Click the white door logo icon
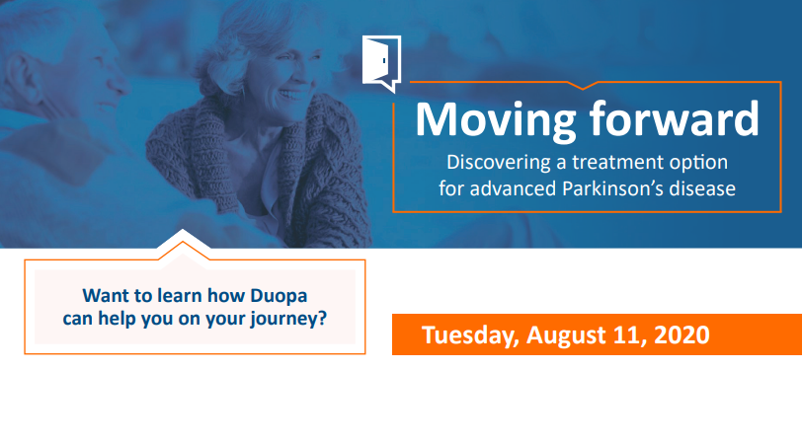pyautogui.click(x=381, y=63)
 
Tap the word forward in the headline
pyautogui.click(x=675, y=118)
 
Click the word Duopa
pyautogui.click(x=279, y=296)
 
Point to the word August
pyautogui.click(x=566, y=335)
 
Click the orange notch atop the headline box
pyautogui.click(x=583, y=85)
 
